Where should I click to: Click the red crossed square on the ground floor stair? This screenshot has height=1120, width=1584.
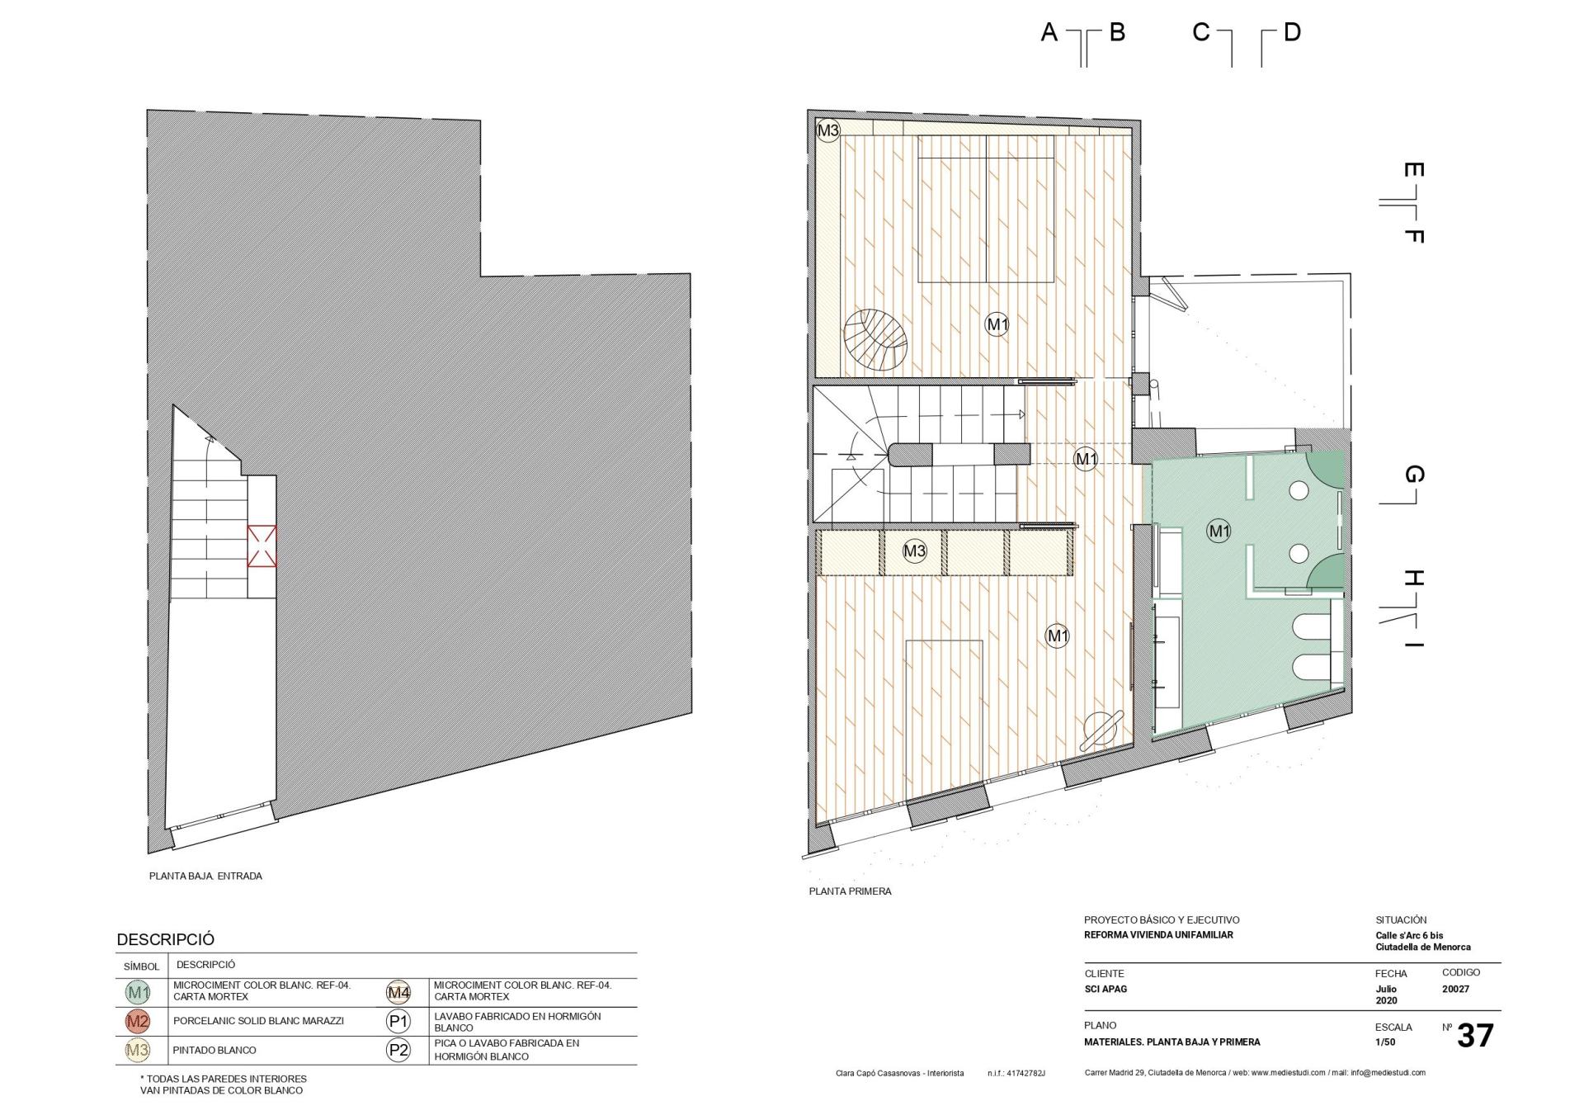262,546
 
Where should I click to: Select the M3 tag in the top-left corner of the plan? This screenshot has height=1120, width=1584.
828,130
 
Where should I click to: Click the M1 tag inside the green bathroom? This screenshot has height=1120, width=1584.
1219,531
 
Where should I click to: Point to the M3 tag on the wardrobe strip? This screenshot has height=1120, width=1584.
914,551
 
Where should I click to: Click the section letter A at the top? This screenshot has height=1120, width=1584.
1049,32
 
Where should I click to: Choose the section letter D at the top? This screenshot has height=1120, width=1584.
1292,32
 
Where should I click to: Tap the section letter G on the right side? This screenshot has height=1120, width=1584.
1413,475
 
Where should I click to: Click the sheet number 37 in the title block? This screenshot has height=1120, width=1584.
1475,1036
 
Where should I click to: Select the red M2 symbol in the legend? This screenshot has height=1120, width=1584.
138,1021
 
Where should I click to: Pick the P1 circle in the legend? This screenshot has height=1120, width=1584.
398,1022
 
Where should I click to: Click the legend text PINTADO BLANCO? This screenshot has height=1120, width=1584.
214,1050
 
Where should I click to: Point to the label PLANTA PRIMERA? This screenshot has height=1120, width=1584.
850,891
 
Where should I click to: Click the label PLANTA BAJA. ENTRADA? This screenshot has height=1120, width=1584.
205,876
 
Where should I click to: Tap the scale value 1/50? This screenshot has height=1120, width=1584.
1385,1042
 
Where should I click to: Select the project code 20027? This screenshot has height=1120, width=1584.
1455,989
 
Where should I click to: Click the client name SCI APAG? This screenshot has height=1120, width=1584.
1105,989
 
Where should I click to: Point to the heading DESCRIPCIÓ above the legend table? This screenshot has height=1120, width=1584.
165,939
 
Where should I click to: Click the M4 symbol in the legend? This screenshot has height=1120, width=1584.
398,992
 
